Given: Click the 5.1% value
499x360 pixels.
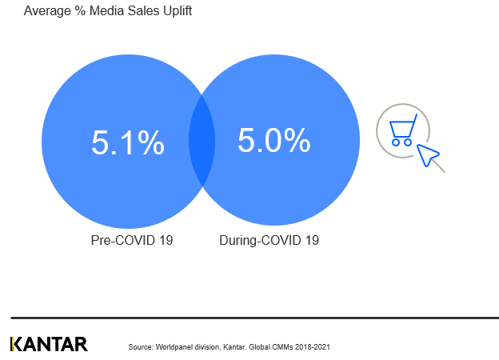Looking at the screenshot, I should [128, 143].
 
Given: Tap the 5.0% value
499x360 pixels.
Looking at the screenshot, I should [273, 141].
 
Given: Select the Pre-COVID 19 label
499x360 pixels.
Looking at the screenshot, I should [132, 240].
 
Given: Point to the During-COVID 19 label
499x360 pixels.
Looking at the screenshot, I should [269, 240].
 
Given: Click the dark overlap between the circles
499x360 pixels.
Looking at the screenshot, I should [202, 141].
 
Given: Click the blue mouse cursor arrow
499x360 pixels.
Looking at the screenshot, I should [429, 155].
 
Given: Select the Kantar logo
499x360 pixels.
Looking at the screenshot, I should [49, 344].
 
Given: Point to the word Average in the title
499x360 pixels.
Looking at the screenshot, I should [46, 11].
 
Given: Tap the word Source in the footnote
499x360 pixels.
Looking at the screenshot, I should [139, 347].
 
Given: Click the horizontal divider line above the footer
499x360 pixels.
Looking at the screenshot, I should [254, 318].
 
